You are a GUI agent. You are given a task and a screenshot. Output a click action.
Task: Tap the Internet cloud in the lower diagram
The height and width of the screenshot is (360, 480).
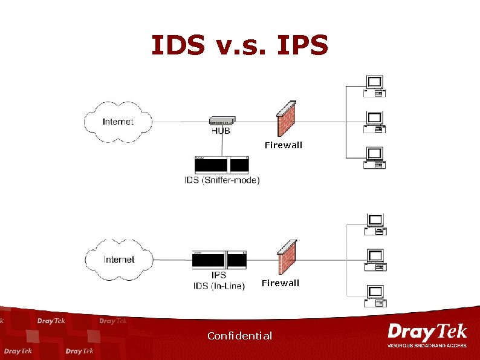119,260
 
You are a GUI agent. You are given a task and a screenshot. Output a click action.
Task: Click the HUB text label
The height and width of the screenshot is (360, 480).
220,131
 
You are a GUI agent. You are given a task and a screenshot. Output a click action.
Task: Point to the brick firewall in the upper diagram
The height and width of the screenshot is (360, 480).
286,119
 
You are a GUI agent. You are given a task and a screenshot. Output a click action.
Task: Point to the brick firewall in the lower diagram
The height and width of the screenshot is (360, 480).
287,257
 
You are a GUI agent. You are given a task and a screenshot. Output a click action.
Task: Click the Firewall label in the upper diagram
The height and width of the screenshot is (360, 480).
284,145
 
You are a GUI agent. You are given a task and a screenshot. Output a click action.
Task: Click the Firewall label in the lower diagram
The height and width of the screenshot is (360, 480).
280,283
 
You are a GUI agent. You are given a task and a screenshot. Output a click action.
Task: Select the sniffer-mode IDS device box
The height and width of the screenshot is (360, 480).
222,165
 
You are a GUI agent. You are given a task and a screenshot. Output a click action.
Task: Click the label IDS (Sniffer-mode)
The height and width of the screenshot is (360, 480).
222,180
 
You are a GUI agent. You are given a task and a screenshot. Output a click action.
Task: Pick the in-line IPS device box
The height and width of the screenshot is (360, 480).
219,260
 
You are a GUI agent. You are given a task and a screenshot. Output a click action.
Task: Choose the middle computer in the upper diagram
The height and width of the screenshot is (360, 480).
375,121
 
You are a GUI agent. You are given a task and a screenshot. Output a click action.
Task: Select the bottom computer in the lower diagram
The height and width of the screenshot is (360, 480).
375,295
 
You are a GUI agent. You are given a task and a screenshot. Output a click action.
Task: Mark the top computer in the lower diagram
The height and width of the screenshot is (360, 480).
375,224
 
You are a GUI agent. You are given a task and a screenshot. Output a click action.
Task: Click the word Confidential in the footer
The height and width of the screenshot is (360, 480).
239,336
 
